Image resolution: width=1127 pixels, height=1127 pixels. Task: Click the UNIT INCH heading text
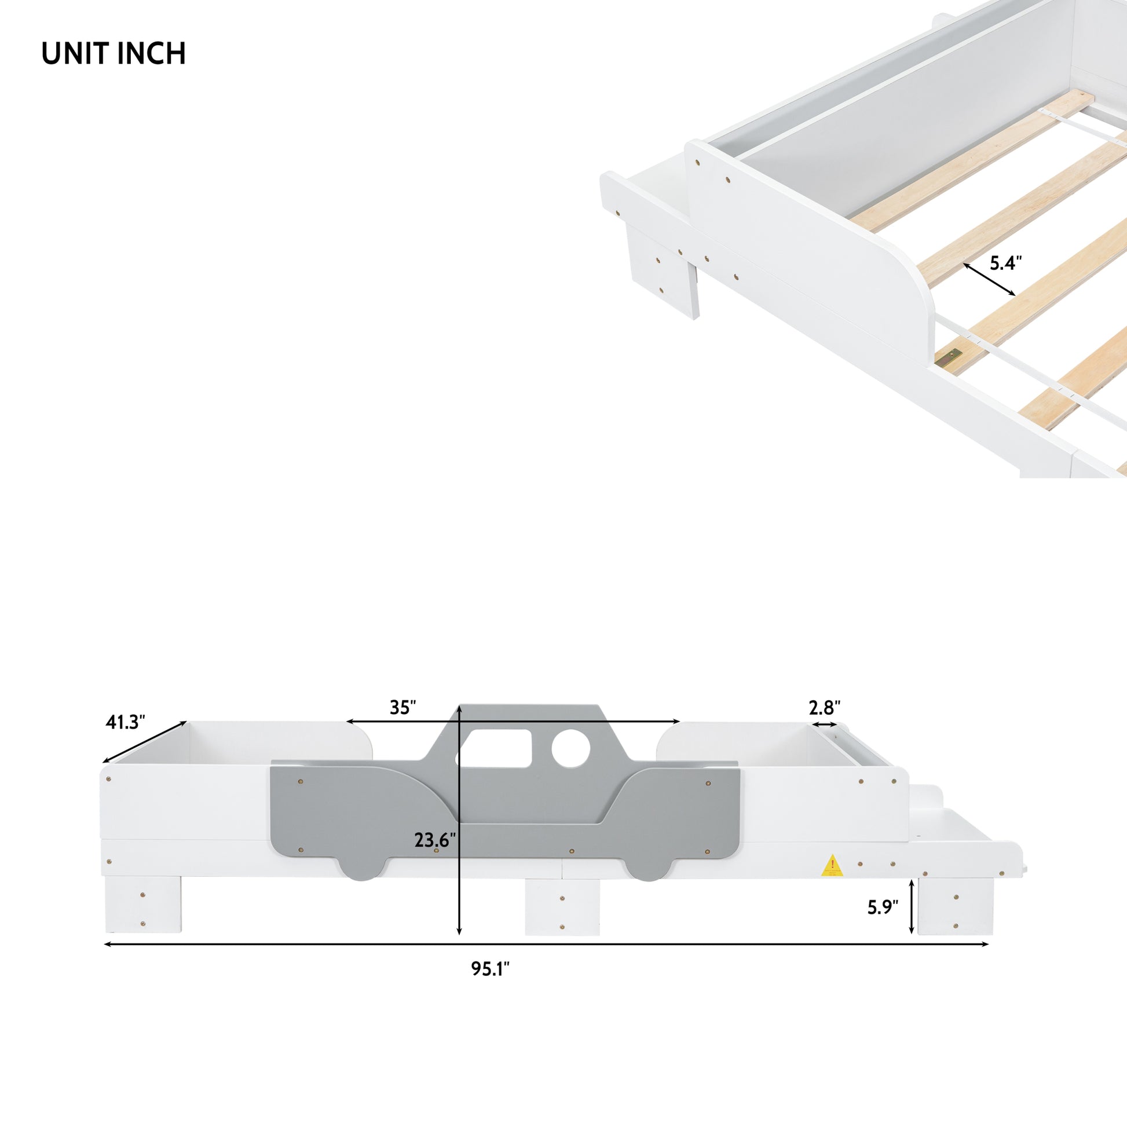114,54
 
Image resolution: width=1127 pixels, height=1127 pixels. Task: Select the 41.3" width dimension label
125,722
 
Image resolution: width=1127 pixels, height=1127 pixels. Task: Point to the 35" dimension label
402,707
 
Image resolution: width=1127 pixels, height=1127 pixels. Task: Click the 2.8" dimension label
824,708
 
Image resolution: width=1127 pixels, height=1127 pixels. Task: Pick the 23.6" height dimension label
434,840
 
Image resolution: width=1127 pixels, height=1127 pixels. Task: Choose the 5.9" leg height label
883,907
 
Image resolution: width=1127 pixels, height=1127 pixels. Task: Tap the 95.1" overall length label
490,969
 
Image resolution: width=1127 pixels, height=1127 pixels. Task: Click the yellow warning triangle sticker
832,866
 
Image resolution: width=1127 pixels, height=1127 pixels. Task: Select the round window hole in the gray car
570,748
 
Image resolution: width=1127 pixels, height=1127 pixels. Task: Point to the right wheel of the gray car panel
649,870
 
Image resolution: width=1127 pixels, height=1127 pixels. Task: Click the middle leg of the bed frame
562,906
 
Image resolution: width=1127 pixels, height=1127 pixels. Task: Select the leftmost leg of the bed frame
143,904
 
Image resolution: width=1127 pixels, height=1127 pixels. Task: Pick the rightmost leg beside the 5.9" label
955,906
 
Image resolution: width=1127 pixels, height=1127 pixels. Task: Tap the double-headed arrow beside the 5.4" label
989,279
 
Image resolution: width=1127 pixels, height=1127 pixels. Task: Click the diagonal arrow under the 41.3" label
145,742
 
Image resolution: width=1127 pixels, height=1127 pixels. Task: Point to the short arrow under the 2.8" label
824,724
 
